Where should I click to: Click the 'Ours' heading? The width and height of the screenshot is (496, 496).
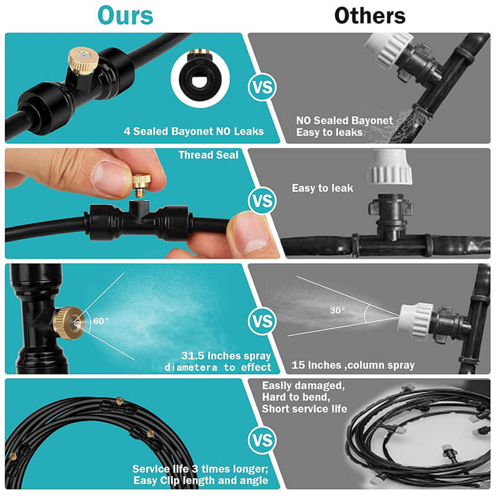click(x=125, y=15)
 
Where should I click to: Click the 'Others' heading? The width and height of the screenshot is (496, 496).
click(x=370, y=15)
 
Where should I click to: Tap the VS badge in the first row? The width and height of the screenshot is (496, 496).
click(x=262, y=87)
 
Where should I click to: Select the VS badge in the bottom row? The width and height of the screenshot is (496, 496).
click(x=262, y=440)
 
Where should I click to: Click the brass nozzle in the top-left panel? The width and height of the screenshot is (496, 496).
click(x=83, y=61)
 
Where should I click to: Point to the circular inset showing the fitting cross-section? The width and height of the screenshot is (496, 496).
click(x=200, y=79)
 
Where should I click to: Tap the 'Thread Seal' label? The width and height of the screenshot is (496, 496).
click(x=208, y=155)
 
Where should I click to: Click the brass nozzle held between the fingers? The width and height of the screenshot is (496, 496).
click(x=141, y=185)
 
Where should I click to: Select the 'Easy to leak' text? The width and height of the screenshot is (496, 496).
click(x=322, y=188)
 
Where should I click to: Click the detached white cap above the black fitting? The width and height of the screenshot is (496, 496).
click(x=390, y=167)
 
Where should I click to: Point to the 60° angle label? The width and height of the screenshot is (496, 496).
click(x=100, y=321)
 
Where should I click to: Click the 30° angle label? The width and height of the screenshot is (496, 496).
click(x=337, y=311)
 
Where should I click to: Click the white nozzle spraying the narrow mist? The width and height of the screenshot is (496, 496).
click(x=415, y=321)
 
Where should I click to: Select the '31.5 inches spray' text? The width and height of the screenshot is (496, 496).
click(x=226, y=356)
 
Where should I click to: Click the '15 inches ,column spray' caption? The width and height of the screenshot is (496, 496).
click(x=353, y=365)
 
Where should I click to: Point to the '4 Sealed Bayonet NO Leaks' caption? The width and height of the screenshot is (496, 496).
click(x=193, y=131)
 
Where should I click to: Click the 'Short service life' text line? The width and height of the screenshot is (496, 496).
click(x=304, y=409)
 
